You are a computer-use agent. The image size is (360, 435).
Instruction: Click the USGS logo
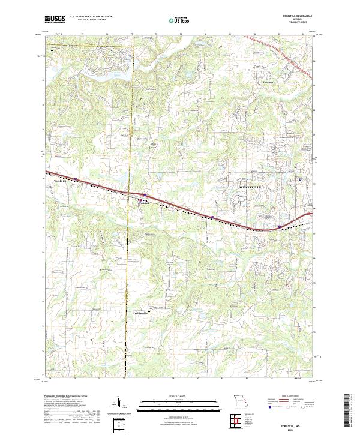coord(55,19)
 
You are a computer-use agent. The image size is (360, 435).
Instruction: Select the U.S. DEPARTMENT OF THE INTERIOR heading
coord(91,17)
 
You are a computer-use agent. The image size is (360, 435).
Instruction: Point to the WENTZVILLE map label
coord(252,188)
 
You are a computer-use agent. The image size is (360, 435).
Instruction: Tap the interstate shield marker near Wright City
coord(77,179)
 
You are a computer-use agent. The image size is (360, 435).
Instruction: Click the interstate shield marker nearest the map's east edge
coord(280,226)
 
